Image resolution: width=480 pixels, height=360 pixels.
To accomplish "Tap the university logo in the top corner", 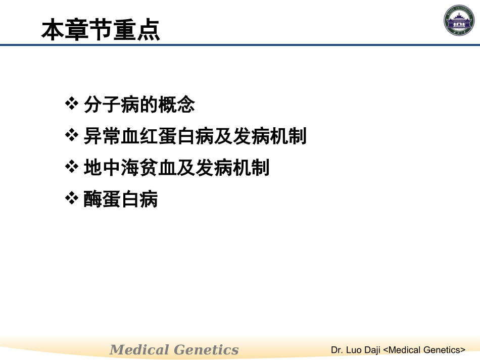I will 460,21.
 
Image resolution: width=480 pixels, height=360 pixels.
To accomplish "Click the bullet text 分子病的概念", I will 139,105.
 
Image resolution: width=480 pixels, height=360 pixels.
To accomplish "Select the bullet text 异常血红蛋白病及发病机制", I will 195,136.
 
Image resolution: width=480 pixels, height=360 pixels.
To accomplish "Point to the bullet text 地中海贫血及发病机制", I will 176,168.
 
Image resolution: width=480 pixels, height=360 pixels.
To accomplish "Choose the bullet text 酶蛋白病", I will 121,199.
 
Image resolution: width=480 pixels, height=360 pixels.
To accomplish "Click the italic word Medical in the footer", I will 139,349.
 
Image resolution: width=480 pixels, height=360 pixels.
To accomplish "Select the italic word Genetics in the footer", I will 206,349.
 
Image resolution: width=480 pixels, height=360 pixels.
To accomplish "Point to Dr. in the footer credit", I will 337,349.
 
